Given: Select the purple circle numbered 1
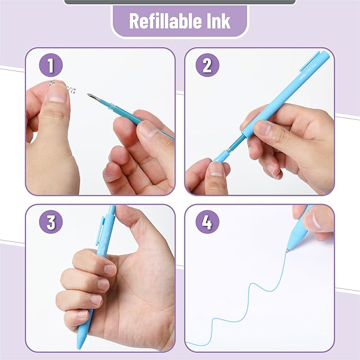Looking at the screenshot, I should click(x=51, y=66).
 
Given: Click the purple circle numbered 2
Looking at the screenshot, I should click(x=207, y=66).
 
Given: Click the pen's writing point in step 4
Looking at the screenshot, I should click(x=287, y=249).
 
